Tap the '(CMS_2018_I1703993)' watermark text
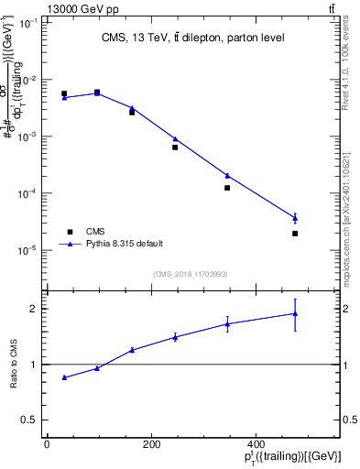[190, 273]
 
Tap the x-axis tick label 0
[47, 443]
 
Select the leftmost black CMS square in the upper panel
[64, 93]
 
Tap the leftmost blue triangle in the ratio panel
[64, 377]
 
